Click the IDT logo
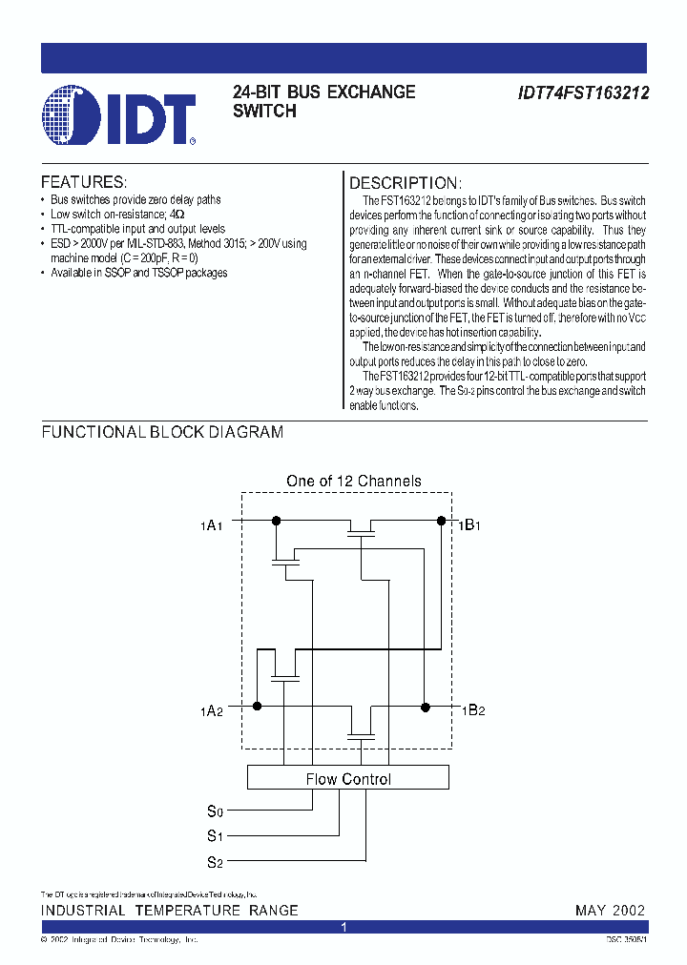[x=119, y=116]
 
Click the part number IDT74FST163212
[x=584, y=93]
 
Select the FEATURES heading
[x=83, y=182]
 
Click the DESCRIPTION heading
[x=406, y=183]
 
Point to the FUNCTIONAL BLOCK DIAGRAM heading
[x=162, y=432]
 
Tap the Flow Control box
[x=348, y=778]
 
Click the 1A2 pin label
[x=211, y=709]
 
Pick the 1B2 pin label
[x=473, y=709]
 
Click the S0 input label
[x=215, y=811]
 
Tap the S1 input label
[x=215, y=837]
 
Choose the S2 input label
[x=215, y=863]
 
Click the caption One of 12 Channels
[x=354, y=482]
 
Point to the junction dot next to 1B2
[x=426, y=707]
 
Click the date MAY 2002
[x=610, y=910]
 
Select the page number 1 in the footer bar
[x=344, y=927]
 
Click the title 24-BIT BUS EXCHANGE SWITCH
[x=324, y=101]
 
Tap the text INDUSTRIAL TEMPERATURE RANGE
[x=170, y=910]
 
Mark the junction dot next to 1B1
[x=441, y=520]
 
